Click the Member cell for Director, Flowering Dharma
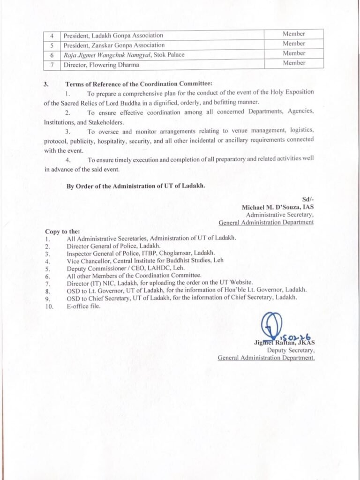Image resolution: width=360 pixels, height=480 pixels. [x=294, y=63]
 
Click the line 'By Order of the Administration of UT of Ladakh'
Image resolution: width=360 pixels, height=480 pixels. [x=136, y=186]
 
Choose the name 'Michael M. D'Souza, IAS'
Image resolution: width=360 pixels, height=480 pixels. [x=277, y=207]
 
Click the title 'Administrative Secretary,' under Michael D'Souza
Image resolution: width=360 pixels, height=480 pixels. [x=279, y=215]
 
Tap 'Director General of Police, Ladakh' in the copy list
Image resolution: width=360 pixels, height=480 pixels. [x=113, y=245]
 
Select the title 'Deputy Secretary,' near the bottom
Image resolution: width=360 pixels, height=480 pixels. [x=291, y=350]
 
